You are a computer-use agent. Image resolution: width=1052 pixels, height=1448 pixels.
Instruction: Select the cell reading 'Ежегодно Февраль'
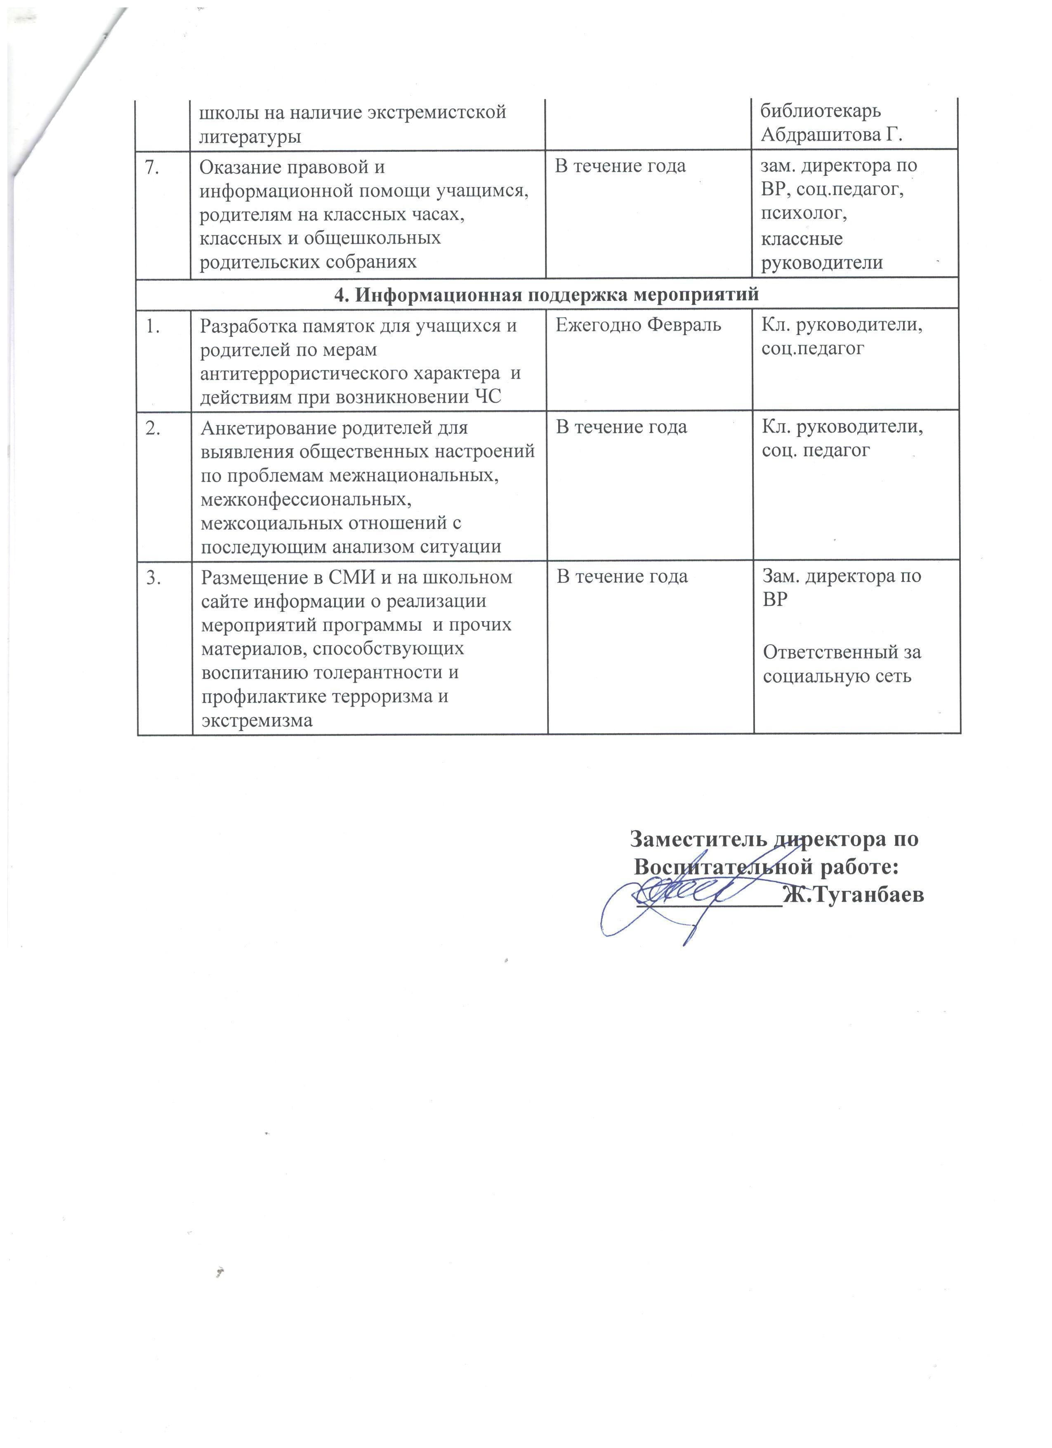click(638, 325)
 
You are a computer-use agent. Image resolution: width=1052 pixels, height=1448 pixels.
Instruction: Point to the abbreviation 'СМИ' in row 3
click(380, 577)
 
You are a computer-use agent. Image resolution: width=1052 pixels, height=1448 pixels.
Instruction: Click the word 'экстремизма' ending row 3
click(257, 720)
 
